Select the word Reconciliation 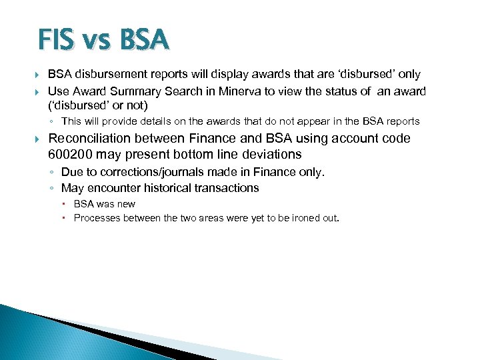[90, 139]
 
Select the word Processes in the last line [96, 217]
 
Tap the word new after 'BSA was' [125, 204]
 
